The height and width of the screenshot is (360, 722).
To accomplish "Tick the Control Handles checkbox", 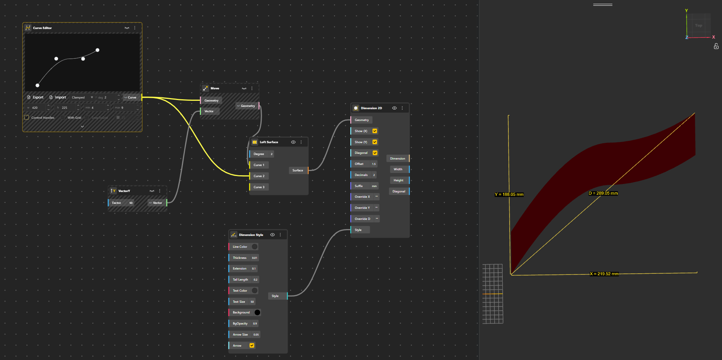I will pyautogui.click(x=27, y=118).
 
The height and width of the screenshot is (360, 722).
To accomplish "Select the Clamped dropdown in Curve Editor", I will pyautogui.click(x=82, y=97).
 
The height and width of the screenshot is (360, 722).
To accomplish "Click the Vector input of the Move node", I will pyautogui.click(x=209, y=111).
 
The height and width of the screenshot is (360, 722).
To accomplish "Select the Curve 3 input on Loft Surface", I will pyautogui.click(x=259, y=187).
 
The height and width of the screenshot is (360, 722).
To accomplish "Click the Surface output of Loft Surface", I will pyautogui.click(x=298, y=170).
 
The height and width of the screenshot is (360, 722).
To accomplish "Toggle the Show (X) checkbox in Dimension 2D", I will pyautogui.click(x=375, y=131).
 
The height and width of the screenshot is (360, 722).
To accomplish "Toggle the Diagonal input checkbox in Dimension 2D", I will pyautogui.click(x=375, y=153).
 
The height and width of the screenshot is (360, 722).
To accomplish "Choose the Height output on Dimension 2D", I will pyautogui.click(x=398, y=180).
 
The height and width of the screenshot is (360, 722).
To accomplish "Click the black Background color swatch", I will pyautogui.click(x=257, y=313).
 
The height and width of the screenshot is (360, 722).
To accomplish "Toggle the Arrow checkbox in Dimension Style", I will pyautogui.click(x=252, y=345).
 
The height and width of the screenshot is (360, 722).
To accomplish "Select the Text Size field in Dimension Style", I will pyautogui.click(x=242, y=302).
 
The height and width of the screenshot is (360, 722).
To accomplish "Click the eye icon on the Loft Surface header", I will pyautogui.click(x=293, y=142).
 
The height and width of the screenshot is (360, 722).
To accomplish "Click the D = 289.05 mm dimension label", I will pyautogui.click(x=603, y=193).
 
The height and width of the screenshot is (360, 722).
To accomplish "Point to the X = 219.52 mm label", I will pyautogui.click(x=604, y=274).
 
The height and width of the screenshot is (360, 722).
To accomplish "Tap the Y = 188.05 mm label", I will pyautogui.click(x=509, y=195).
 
